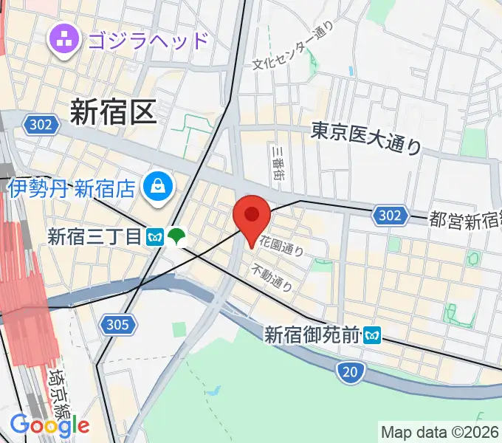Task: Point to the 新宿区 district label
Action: tap(113, 111)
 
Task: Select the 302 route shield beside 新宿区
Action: tap(41, 124)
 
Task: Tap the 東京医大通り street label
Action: tap(365, 138)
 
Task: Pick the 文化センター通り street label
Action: tap(293, 47)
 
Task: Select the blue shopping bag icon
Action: tap(158, 188)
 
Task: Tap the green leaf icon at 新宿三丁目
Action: tap(176, 236)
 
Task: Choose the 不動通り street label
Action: tap(272, 276)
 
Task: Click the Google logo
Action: tap(49, 425)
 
